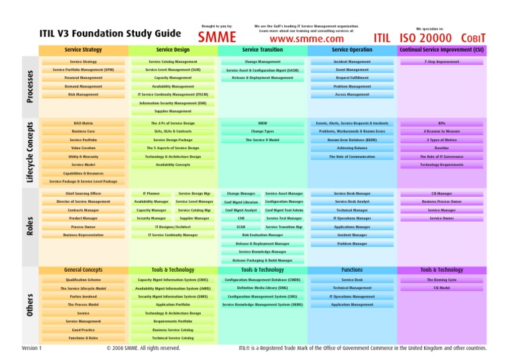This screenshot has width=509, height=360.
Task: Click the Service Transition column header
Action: pos(262,50)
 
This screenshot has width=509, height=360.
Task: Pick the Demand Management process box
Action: pos(84,86)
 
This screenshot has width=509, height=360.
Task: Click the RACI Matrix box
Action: pos(84,123)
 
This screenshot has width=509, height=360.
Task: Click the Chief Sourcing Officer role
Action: pos(84,193)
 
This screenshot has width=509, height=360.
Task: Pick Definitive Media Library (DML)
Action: pos(262,288)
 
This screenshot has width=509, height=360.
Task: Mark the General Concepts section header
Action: pos(84,270)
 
